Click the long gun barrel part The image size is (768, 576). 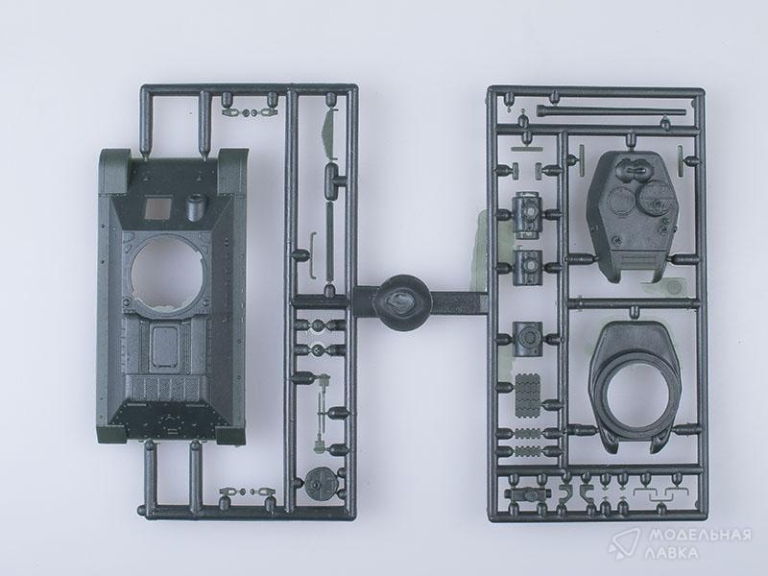point(611,110)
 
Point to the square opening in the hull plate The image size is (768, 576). point(159,207)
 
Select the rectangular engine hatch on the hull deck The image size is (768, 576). point(164,347)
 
